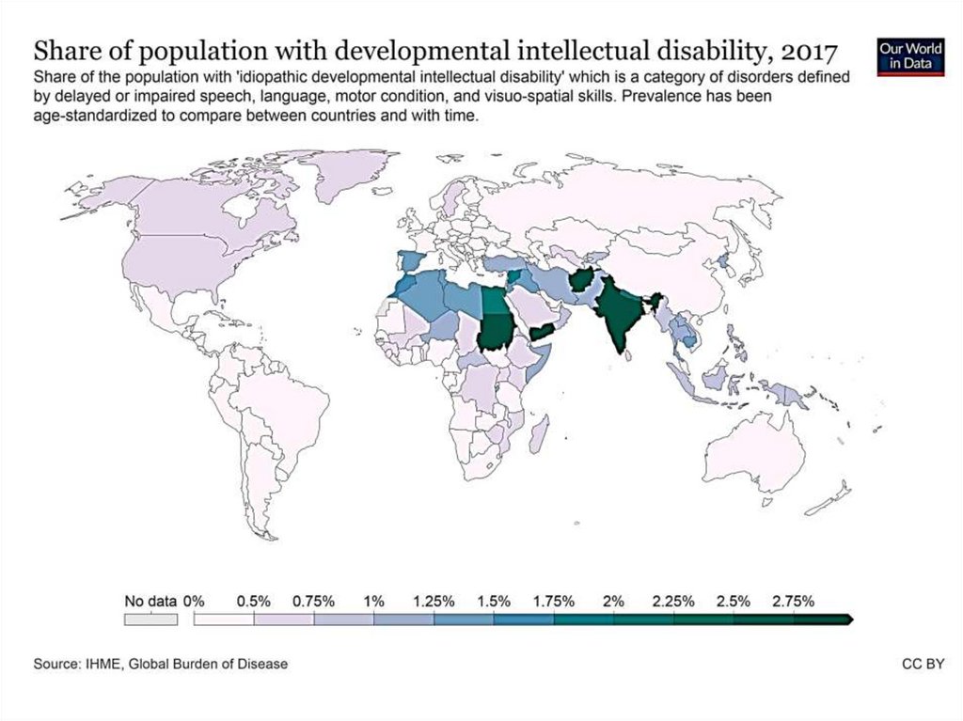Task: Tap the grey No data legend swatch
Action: pos(150,619)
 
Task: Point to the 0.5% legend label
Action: pos(254,601)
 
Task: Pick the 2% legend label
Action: pos(614,601)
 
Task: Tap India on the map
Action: pos(616,315)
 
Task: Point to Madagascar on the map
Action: pos(541,435)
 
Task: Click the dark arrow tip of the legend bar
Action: pos(850,619)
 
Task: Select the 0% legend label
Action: pos(194,601)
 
